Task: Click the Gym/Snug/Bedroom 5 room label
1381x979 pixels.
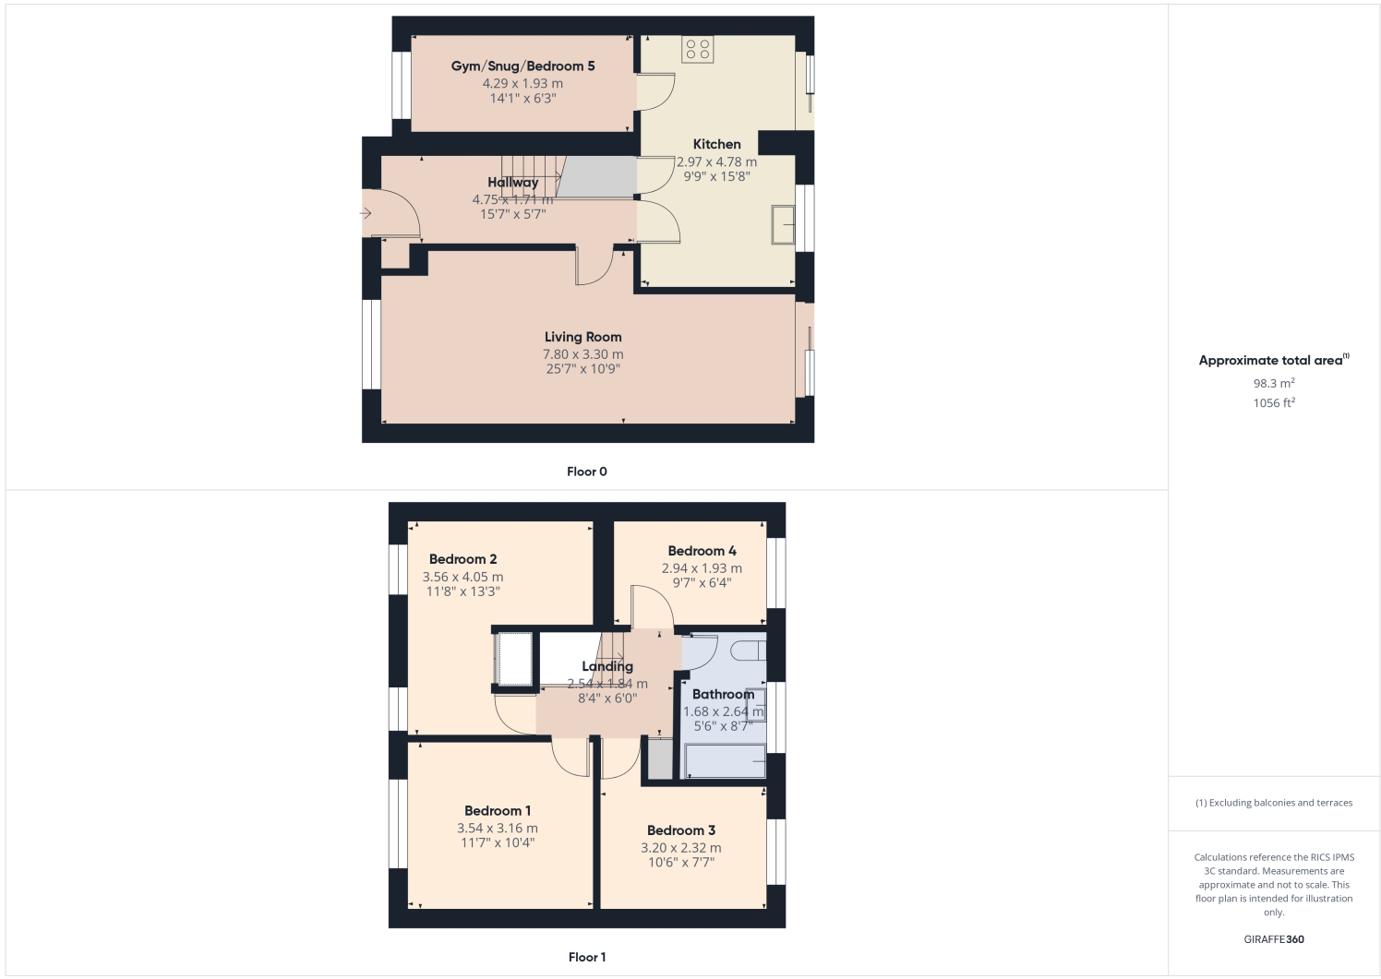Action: pos(522,66)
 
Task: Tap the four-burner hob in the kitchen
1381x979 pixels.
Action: pos(698,49)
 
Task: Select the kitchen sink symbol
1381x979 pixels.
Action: pos(783,225)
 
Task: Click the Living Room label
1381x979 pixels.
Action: pos(582,338)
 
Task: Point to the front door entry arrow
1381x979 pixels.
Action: pos(366,214)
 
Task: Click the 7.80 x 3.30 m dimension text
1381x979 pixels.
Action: pos(582,354)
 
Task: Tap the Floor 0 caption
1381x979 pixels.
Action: pos(587,472)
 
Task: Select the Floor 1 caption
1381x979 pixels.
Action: pos(587,957)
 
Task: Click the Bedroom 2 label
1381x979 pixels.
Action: pos(462,559)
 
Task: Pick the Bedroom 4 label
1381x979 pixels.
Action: pos(702,551)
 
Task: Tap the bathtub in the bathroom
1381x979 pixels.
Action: pos(724,761)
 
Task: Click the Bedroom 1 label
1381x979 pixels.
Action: pos(498,811)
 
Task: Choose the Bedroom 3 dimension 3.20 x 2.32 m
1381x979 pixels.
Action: pos(681,848)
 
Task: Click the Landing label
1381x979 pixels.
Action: pos(607,666)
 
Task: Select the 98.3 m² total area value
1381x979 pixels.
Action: pos(1274,383)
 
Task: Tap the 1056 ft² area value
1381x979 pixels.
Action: pos(1274,403)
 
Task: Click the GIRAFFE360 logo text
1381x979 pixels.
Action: pos(1274,939)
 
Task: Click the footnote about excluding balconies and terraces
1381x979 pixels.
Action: pos(1274,803)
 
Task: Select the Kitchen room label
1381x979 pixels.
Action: pos(716,144)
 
